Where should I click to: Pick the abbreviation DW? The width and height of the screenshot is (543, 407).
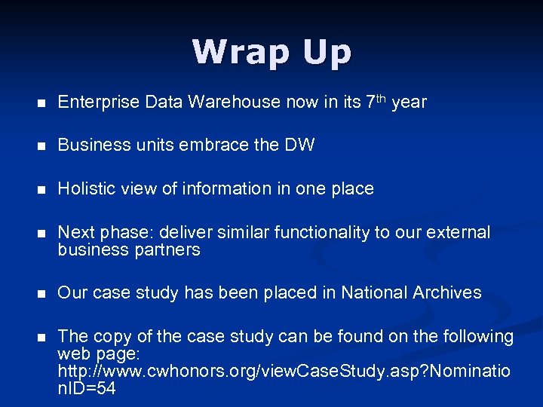click(299, 145)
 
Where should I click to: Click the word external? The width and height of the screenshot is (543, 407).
click(458, 232)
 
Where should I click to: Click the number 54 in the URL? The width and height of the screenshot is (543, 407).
click(106, 390)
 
